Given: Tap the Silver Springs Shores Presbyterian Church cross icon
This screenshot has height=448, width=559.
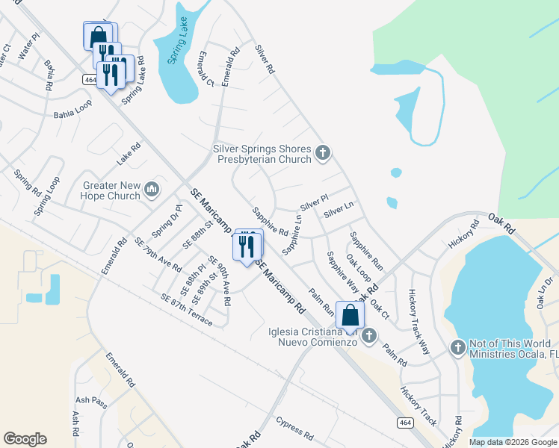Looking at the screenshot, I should tap(323, 153).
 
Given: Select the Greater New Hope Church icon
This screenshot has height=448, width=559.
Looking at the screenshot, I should tap(152, 190).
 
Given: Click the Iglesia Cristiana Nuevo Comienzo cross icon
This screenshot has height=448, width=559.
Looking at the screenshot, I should tap(368, 337).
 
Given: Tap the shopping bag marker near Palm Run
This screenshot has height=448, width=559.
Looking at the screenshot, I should tap(350, 316).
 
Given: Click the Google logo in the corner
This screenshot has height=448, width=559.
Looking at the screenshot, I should tap(25, 439).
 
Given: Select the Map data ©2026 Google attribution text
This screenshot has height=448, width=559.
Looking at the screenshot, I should tap(513, 442).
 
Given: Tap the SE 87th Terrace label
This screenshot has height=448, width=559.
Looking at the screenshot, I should tap(186, 310).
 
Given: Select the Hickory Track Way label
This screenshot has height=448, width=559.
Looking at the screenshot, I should tap(420, 321).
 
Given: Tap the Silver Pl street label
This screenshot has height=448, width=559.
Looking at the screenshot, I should tap(314, 202).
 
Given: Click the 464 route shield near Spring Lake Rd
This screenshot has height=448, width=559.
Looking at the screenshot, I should tap(90, 79).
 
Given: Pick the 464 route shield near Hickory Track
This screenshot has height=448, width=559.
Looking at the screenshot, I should tap(404, 423).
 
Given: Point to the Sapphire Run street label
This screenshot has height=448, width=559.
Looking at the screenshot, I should tap(366, 251).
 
